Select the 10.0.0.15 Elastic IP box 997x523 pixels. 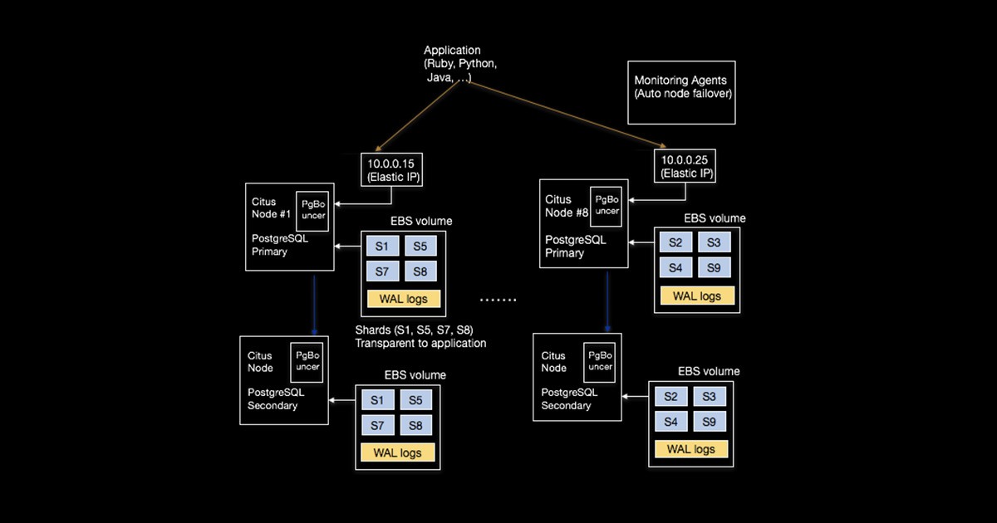pyautogui.click(x=390, y=169)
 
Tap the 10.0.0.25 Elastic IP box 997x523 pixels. pyautogui.click(x=685, y=165)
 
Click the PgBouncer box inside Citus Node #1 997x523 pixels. pyautogui.click(x=313, y=210)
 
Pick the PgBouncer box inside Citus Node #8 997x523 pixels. pyautogui.click(x=607, y=205)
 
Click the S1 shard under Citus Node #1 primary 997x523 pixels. pyautogui.click(x=382, y=247)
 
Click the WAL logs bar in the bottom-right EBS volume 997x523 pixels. pyautogui.click(x=691, y=449)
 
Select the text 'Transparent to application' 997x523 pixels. pyautogui.click(x=420, y=343)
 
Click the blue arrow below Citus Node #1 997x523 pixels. pyautogui.click(x=315, y=303)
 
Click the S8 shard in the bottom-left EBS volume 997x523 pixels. pyautogui.click(x=415, y=426)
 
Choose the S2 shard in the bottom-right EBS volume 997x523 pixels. pyautogui.click(x=671, y=397)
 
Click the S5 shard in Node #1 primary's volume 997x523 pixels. pyautogui.click(x=420, y=247)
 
